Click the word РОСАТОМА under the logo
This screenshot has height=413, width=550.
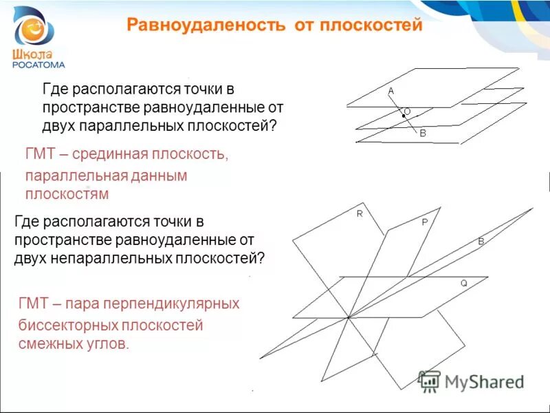coord(39,65)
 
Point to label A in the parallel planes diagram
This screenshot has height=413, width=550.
coord(390,91)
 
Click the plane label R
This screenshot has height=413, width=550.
coord(359,214)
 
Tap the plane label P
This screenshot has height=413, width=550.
coord(424,223)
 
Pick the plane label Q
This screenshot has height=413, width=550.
coord(463,283)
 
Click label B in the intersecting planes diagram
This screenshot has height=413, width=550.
coord(481,242)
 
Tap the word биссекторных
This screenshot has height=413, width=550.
coord(64,324)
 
